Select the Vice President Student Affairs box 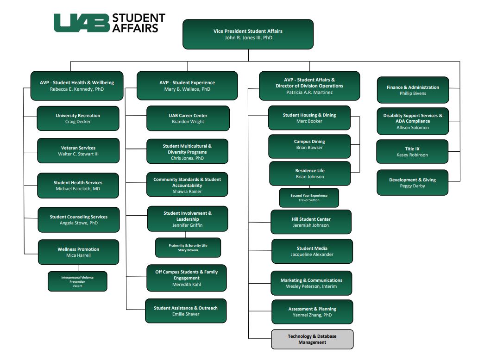248,34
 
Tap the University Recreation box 78,118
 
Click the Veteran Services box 78,151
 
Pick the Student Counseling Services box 78,220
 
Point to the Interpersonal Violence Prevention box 77,281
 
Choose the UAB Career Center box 188,118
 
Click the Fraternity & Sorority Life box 188,248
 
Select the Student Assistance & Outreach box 185,311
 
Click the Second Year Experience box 308,198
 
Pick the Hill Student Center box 311,222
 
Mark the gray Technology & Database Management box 312,339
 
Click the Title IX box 412,152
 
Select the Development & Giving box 412,183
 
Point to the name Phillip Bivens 413,93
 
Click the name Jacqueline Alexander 312,254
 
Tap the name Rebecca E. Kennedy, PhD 77,89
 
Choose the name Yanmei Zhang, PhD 312,315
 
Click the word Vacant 77,286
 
